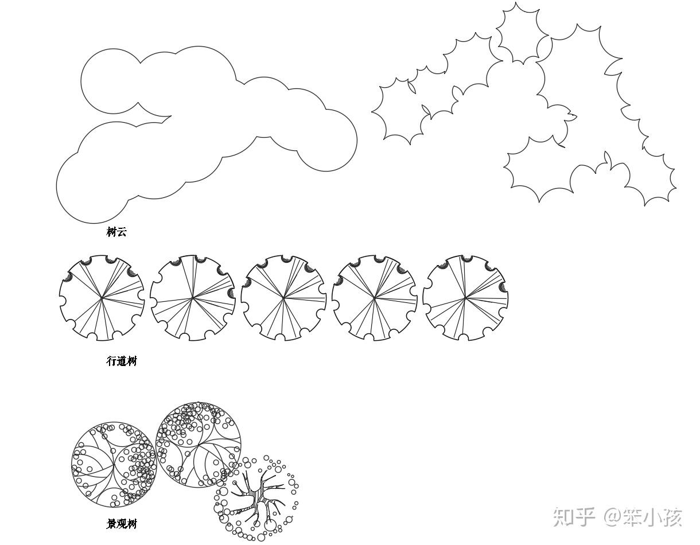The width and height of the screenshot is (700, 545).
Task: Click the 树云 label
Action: pos(116,232)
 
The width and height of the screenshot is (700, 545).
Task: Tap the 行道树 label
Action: pos(122,361)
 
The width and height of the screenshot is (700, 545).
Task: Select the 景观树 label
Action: pos(122,524)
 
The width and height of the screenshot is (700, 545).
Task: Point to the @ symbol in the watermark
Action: pos(612,517)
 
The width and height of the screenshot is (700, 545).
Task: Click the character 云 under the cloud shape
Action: pos(121,232)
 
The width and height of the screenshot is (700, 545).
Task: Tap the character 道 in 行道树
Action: pos(122,361)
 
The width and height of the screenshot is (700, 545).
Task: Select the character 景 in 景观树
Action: pos(112,524)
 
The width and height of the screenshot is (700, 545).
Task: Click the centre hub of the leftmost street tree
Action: pos(102,298)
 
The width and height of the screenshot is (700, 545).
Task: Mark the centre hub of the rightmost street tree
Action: pos(465,298)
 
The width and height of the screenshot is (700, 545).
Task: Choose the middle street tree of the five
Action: pos(283,298)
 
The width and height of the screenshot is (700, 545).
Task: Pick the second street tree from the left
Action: pos(193,298)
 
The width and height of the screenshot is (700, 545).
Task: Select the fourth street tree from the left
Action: pos(374,298)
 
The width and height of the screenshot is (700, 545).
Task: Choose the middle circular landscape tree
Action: pos(199,445)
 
